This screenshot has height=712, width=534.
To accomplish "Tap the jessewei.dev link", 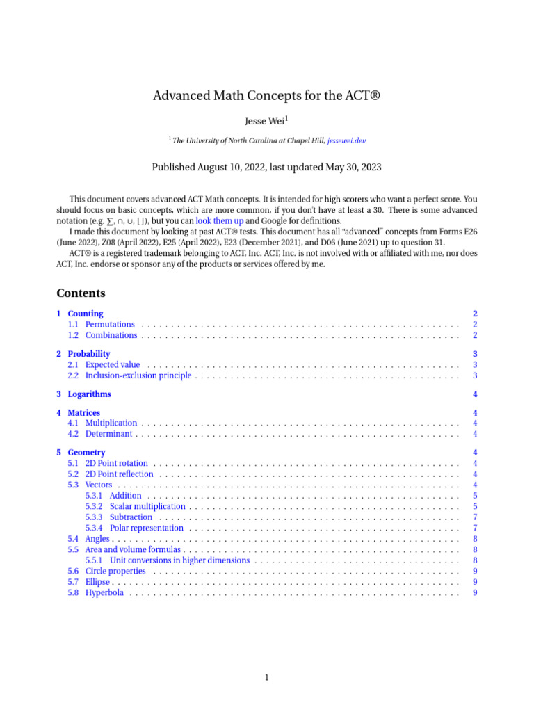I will click(346, 140).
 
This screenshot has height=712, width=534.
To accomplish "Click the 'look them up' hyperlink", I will click(219, 220).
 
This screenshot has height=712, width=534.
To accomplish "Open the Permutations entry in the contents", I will click(110, 324).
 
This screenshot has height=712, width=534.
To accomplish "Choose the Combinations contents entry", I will click(111, 335).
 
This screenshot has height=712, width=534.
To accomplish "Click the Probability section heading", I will click(89, 354).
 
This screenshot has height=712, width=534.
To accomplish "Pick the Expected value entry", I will click(113, 364).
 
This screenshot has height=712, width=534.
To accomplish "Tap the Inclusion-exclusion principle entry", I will click(138, 375).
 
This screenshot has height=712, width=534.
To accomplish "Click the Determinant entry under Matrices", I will click(109, 434).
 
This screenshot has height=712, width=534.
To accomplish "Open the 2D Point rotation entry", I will click(116, 463).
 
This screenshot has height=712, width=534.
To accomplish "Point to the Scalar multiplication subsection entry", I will click(147, 506).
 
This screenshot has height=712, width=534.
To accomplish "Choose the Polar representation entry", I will click(147, 528).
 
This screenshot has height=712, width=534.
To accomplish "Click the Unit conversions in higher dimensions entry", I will click(181, 560).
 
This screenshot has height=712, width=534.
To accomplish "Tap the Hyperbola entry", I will click(106, 592).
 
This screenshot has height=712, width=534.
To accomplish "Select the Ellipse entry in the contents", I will click(98, 582).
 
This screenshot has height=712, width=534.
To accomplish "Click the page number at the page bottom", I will click(267, 678).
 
